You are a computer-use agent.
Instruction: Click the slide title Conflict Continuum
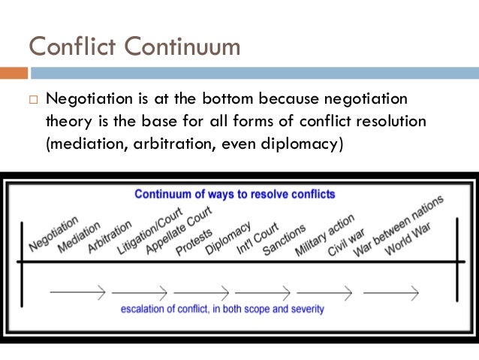coord(134,46)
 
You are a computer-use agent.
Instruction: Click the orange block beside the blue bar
coord(14,73)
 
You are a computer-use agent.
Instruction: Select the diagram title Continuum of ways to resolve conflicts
coord(235,194)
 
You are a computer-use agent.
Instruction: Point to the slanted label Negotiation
coord(54,234)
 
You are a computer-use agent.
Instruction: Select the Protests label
coord(194,242)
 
